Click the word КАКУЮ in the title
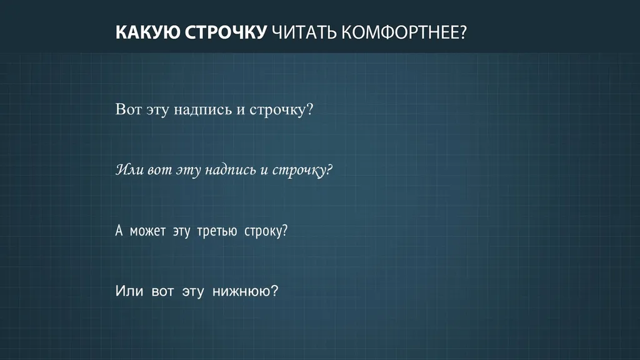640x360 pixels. (x=147, y=32)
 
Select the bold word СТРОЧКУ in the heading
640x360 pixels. (x=226, y=32)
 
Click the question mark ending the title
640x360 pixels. (x=462, y=32)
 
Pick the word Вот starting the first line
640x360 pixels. (x=128, y=109)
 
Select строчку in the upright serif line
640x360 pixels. (x=277, y=110)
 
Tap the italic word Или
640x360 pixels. (x=129, y=169)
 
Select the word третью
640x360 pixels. (x=217, y=231)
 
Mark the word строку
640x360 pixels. (x=262, y=231)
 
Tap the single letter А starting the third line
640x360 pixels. (x=119, y=231)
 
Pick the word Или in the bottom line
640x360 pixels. (x=129, y=291)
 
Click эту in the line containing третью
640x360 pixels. (x=181, y=232)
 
